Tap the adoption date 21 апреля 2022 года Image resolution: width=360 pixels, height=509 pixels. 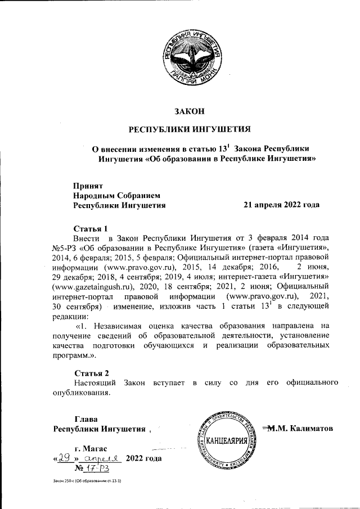[281, 205]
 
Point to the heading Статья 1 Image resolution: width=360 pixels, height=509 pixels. [91, 228]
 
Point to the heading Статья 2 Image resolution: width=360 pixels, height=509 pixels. [91, 372]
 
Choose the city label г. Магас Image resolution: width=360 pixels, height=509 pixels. [91, 448]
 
